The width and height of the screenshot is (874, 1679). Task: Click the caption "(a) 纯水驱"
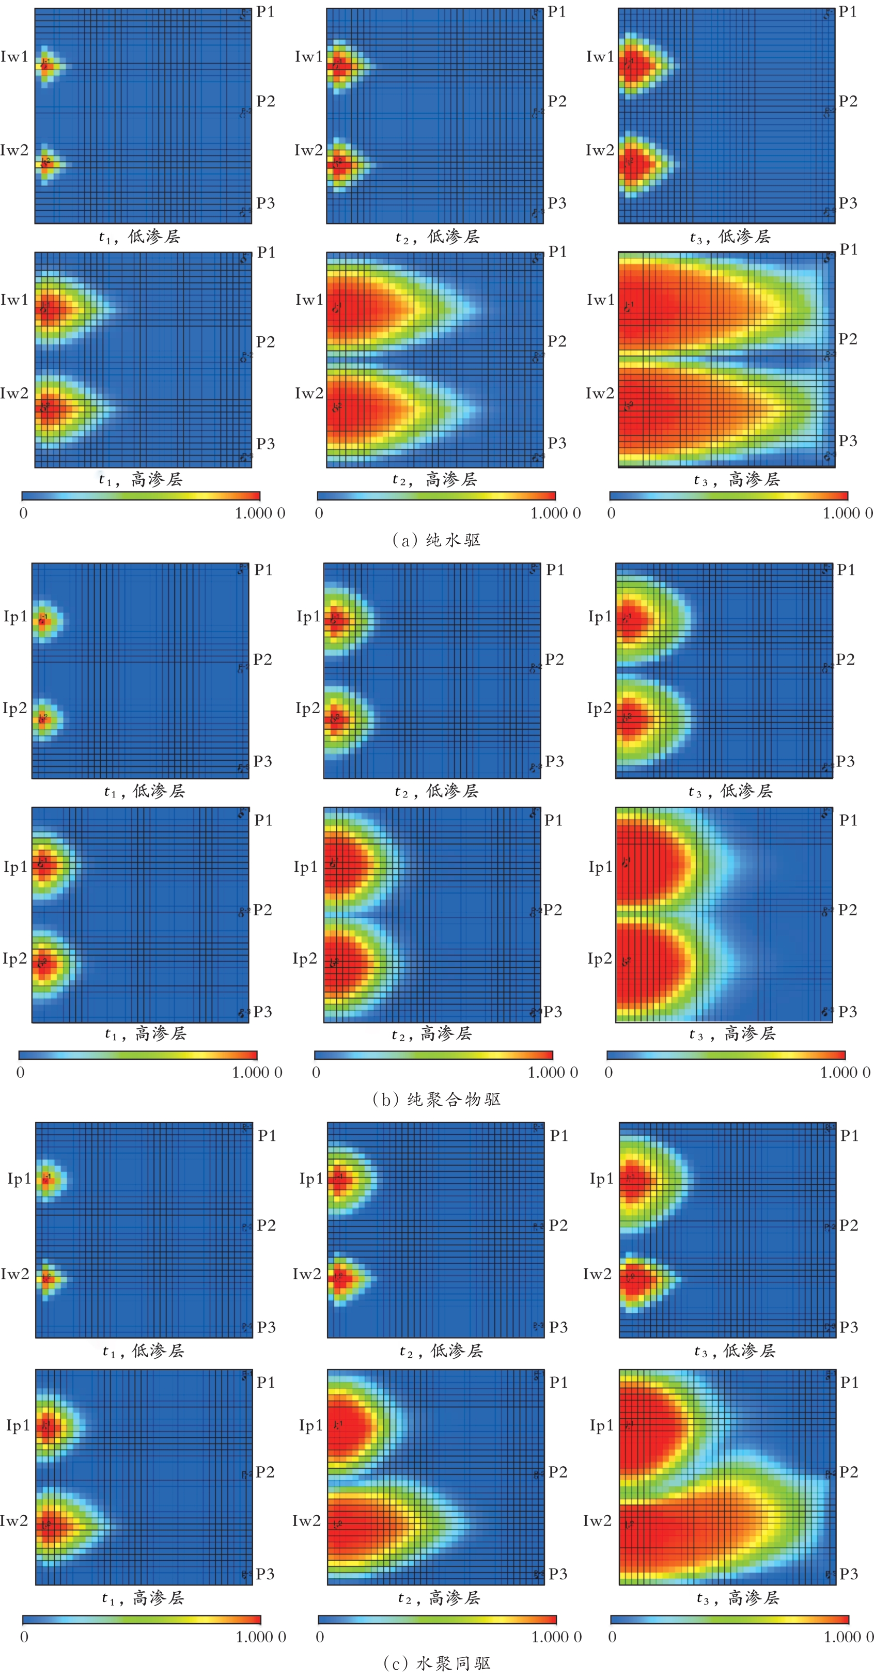point(436,540)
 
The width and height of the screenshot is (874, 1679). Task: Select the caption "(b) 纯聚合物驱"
point(436,1099)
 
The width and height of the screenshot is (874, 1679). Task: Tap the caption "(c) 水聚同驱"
point(436,1662)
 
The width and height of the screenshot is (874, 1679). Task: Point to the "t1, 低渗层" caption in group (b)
point(145,791)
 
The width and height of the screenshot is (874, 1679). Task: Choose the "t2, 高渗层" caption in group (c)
point(439,1597)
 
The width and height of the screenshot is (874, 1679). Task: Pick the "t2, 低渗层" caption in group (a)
point(438,237)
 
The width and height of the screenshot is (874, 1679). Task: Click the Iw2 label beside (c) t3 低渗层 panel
point(597,1274)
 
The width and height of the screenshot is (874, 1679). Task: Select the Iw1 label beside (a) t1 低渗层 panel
point(14,57)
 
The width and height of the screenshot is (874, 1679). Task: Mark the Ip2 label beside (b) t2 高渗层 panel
point(305,958)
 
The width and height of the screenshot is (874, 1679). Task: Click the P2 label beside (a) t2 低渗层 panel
point(557,101)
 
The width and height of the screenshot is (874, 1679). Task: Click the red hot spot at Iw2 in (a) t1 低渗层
point(45,163)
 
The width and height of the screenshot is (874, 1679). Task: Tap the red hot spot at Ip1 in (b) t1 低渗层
point(43,620)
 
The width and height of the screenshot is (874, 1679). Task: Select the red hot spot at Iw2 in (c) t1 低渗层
point(45,1278)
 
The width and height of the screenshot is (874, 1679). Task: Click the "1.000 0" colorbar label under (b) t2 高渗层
point(553,1072)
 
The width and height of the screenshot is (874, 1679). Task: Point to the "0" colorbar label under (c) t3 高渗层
point(612,1637)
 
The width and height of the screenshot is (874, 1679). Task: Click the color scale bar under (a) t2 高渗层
point(436,495)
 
